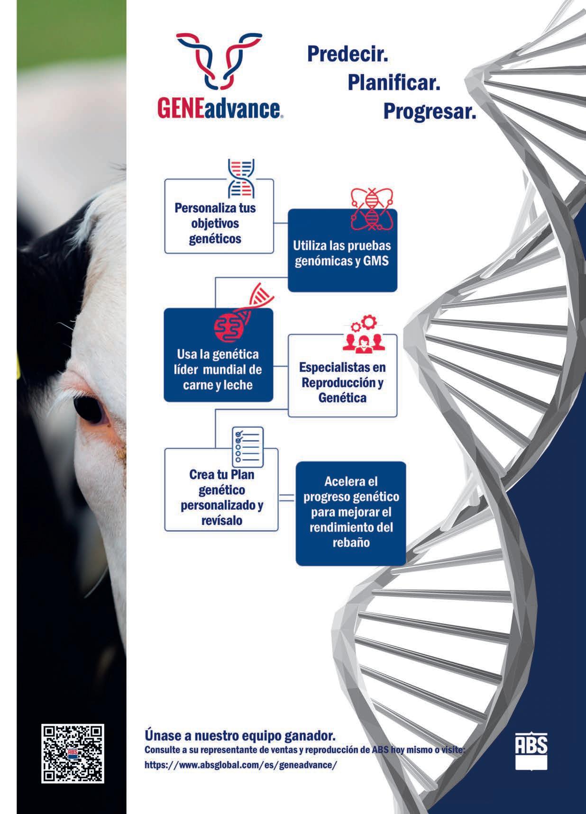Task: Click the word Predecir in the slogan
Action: click(x=348, y=54)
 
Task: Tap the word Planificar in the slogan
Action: click(x=394, y=82)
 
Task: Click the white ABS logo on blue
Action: click(x=531, y=751)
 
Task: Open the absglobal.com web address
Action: click(x=241, y=765)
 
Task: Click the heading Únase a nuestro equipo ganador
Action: click(x=240, y=736)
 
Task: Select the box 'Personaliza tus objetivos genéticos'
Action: click(x=219, y=216)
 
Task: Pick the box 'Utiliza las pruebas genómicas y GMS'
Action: click(x=342, y=250)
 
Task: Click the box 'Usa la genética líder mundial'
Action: click(x=219, y=355)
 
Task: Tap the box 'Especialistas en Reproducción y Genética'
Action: click(x=342, y=375)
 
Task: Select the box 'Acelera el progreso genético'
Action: click(x=351, y=514)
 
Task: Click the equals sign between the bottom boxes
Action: click(x=287, y=497)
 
